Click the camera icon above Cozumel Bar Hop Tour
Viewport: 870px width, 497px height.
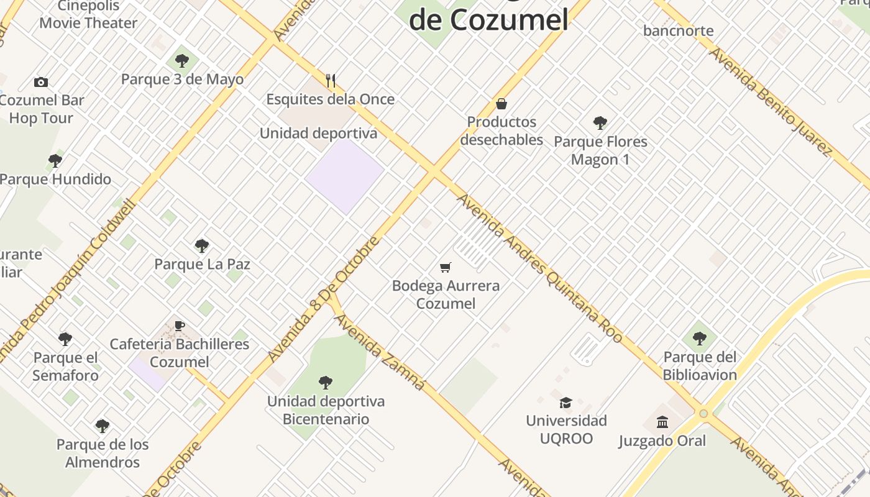tap(41, 82)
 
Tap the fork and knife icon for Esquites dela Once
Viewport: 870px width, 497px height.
tap(331, 80)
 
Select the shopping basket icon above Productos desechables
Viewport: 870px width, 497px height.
tap(501, 104)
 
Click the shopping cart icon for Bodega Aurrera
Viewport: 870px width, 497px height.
tap(445, 268)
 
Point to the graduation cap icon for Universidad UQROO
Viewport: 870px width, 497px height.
tap(565, 403)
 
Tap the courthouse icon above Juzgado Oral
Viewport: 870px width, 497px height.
tap(662, 422)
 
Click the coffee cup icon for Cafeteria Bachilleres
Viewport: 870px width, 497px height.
tap(179, 326)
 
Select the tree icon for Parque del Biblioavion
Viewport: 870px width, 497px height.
tap(699, 339)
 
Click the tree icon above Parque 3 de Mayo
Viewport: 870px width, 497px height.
tap(181, 61)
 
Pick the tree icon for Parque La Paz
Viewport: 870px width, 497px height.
tap(201, 245)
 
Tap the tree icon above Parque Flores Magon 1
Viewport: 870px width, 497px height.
tap(600, 123)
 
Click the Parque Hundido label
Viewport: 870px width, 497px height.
tap(55, 180)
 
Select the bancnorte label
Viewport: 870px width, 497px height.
tap(678, 30)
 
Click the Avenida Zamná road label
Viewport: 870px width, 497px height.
tap(380, 352)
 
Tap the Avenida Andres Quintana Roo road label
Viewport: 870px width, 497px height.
tap(539, 268)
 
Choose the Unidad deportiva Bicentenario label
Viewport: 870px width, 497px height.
tap(326, 410)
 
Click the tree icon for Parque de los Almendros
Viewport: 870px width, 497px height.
tap(103, 426)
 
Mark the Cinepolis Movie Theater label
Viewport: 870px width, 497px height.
tap(88, 15)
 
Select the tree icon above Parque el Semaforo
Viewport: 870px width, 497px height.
tap(65, 339)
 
